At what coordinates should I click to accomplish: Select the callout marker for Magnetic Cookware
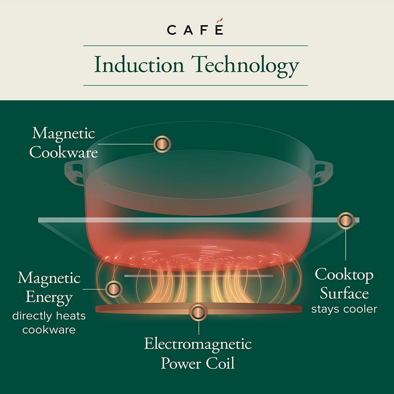coord(162,144)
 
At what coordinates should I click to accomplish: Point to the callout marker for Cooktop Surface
coord(346,220)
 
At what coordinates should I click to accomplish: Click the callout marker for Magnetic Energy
coord(114,289)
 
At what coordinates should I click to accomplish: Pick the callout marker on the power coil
coord(199,313)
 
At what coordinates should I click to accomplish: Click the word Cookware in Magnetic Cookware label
coord(63,152)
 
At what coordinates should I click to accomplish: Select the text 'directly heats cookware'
coord(49,323)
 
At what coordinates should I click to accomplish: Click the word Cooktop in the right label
coord(344,275)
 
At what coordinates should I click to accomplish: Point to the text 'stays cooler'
coord(344,309)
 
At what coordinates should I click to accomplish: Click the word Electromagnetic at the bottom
coord(198,344)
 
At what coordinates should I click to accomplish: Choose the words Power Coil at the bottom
coord(198,363)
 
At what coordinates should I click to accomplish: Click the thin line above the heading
coord(195,46)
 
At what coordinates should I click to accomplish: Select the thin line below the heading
coord(195,85)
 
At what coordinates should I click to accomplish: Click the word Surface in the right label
coord(344,293)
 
